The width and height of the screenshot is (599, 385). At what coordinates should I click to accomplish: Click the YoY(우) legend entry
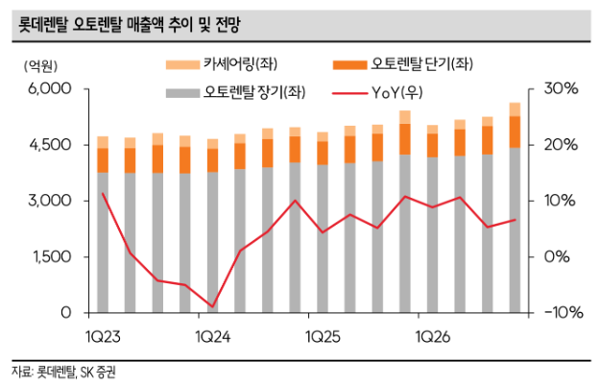(x=395, y=93)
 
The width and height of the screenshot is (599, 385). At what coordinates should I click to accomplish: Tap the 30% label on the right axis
(x=560, y=88)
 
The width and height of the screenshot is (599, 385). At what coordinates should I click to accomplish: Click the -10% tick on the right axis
(x=560, y=313)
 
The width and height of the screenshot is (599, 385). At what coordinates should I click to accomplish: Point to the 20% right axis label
(x=560, y=145)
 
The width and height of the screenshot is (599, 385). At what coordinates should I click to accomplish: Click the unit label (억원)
(x=37, y=66)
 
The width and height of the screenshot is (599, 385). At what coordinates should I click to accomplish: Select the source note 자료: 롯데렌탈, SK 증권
(x=68, y=370)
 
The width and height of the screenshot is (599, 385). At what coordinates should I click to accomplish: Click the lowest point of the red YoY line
(x=213, y=306)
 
